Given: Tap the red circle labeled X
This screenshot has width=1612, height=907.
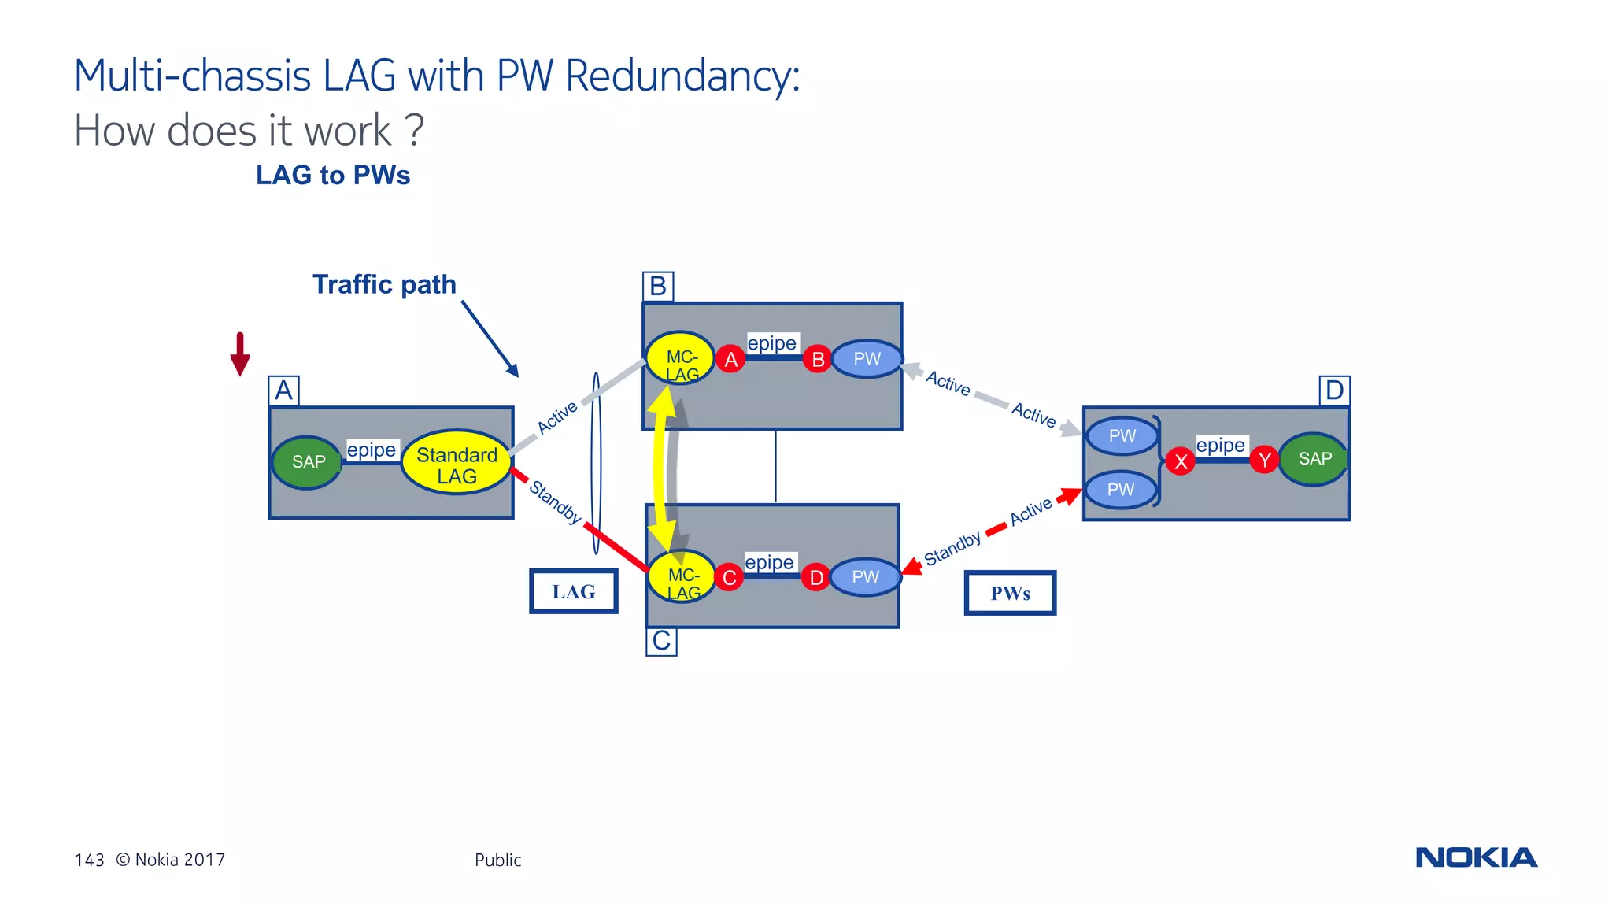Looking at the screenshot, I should click(x=1181, y=461).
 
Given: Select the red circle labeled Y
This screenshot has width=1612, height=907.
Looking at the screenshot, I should click(x=1264, y=460).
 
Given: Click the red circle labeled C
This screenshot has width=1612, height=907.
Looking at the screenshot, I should click(x=730, y=578).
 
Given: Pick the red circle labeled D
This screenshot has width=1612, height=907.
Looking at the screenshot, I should click(x=816, y=578).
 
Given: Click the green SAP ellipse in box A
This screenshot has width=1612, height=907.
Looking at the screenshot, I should click(x=307, y=462).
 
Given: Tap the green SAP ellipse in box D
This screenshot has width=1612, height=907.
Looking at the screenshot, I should click(x=1314, y=459).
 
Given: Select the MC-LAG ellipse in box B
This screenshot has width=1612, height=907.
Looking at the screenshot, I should click(x=681, y=358).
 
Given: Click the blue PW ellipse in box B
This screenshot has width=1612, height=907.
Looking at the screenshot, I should click(x=867, y=359).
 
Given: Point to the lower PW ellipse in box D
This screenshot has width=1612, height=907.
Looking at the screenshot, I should click(x=1121, y=490).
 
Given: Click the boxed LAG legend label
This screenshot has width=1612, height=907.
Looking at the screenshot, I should click(x=573, y=591).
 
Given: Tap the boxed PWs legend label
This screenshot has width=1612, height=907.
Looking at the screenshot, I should click(x=1010, y=593).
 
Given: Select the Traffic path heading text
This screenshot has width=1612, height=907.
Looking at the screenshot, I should click(x=384, y=284).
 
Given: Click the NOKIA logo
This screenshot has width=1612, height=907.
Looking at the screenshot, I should click(x=1476, y=857).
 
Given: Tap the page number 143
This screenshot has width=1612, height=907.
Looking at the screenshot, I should click(x=89, y=860).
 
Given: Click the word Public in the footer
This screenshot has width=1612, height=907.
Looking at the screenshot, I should click(x=497, y=860).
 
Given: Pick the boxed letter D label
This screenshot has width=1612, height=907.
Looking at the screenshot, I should click(x=1334, y=391).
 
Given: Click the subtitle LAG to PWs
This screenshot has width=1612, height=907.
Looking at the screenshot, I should click(x=333, y=175).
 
